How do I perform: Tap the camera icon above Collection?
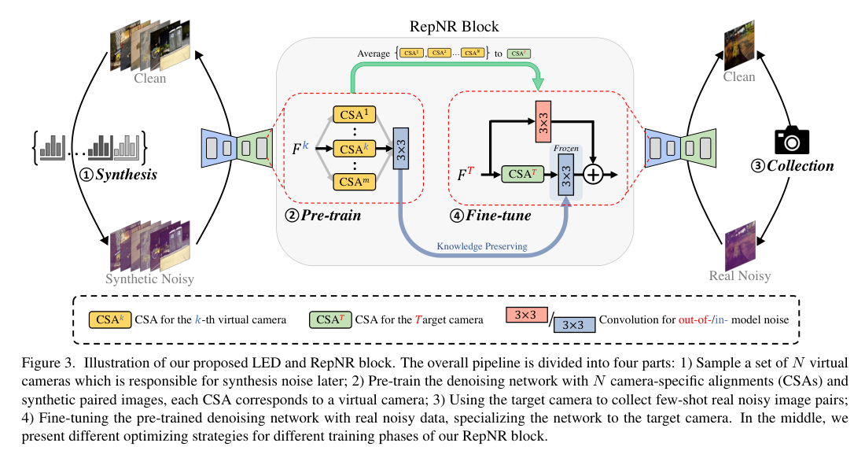point(791,139)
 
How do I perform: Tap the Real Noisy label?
point(738,275)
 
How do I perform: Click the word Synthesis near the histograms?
point(127,174)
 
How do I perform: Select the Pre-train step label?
point(326,215)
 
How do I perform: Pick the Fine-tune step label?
point(497,215)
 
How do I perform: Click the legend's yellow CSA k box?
point(109,319)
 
